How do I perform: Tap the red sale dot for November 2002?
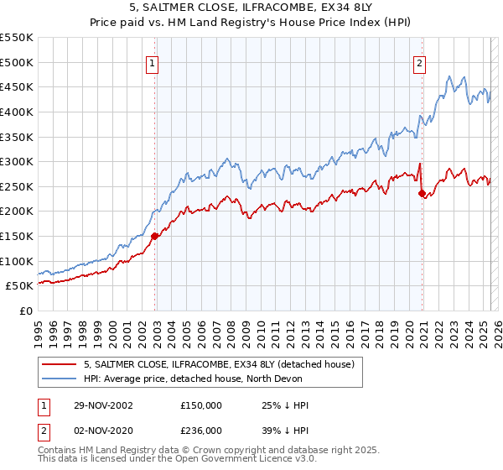pyautogui.click(x=155, y=236)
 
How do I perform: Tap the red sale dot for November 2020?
pyautogui.click(x=422, y=193)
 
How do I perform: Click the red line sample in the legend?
pyautogui.click(x=60, y=364)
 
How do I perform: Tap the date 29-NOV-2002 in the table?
pyautogui.click(x=101, y=405)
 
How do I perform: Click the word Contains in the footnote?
pyautogui.click(x=59, y=451)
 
